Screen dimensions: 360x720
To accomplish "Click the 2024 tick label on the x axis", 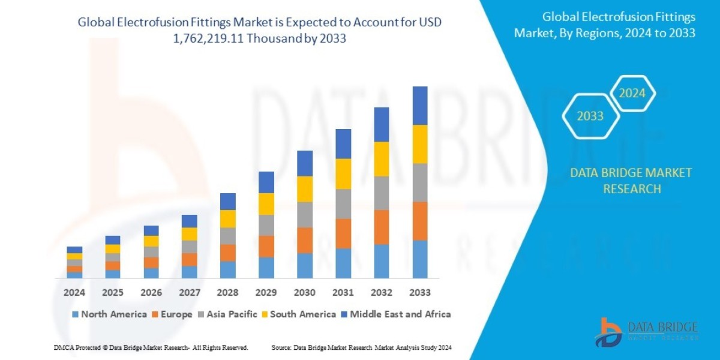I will coord(74,293).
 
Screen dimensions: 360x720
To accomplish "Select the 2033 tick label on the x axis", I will coord(420,293).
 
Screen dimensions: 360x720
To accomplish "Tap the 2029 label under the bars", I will coord(266,293).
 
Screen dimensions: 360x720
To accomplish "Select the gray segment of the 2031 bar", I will coord(343,204).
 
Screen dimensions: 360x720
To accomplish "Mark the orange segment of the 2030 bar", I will coord(305,240).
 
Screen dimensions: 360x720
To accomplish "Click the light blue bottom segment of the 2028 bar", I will coord(228,269).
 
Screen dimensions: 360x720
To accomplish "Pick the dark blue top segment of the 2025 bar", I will coord(113,240).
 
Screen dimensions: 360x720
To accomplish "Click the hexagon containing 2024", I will coord(632,93).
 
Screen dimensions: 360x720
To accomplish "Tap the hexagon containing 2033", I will coord(590,116).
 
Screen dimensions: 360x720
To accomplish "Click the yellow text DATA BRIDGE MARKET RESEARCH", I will coord(631,181).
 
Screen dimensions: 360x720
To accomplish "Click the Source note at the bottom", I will coord(361,347).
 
